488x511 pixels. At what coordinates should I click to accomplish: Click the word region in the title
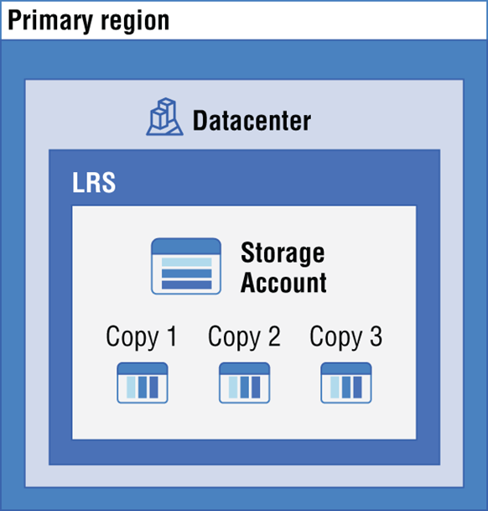135,22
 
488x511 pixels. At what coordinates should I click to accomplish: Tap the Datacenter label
252,121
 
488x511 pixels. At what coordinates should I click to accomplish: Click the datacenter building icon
164,117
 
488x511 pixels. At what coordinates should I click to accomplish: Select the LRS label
94,183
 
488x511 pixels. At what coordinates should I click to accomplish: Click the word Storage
283,253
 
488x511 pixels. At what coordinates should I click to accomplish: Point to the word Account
283,282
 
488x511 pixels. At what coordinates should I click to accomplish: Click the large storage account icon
186,266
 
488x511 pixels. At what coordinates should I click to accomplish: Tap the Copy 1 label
142,337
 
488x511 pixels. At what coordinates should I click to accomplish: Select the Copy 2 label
244,337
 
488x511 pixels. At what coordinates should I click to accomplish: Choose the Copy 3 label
346,337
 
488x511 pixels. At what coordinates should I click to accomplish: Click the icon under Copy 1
143,383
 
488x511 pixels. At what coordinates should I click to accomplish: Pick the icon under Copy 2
244,383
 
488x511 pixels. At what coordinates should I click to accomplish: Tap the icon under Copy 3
346,383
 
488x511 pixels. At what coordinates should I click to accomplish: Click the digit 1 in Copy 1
172,336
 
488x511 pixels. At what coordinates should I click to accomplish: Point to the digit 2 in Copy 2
274,336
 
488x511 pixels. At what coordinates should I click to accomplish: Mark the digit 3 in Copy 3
376,336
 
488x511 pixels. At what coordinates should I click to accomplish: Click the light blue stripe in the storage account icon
187,262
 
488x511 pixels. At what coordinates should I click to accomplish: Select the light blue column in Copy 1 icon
131,387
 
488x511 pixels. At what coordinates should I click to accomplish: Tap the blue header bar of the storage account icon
186,247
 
